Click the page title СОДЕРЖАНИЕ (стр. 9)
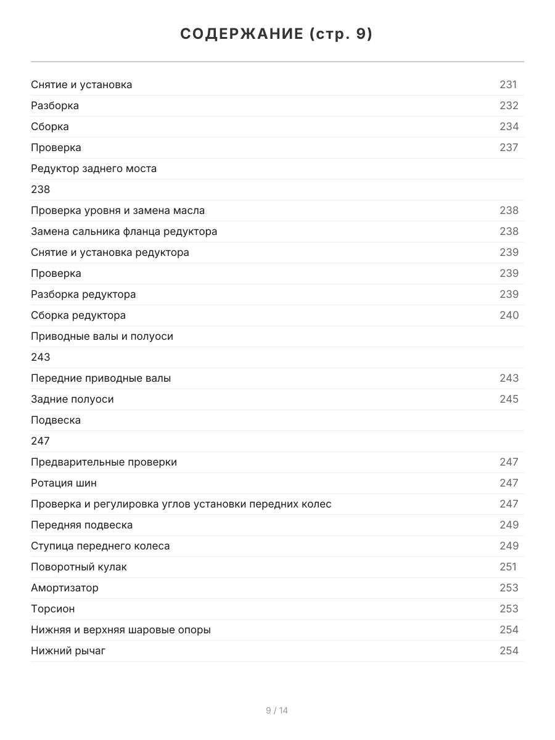(x=277, y=35)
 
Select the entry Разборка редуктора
(x=83, y=294)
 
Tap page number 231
(x=508, y=84)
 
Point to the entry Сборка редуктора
(x=78, y=315)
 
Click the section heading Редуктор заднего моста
(x=94, y=168)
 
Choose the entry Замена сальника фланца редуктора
(x=124, y=231)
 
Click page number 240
(x=509, y=315)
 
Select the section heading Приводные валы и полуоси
(x=102, y=336)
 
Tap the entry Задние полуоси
(x=72, y=399)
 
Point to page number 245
(x=509, y=399)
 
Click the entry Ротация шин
(x=64, y=483)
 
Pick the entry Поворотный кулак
(x=79, y=567)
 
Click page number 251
(x=508, y=567)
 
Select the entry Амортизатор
(x=65, y=588)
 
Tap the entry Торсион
(x=53, y=609)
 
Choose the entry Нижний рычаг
(x=68, y=651)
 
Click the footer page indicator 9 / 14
(x=277, y=710)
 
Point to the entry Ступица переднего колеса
(x=101, y=546)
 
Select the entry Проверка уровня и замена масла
(x=118, y=210)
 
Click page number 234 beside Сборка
(x=509, y=126)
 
